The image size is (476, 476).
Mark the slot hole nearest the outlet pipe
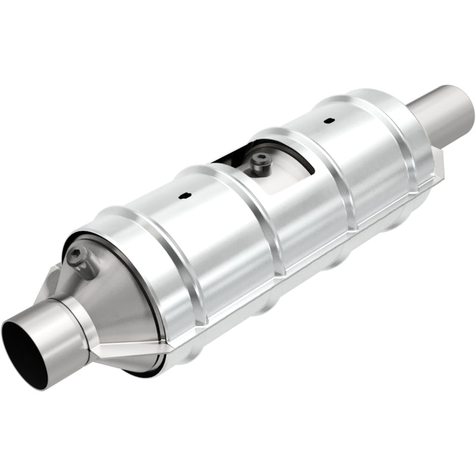tap(328, 121)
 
